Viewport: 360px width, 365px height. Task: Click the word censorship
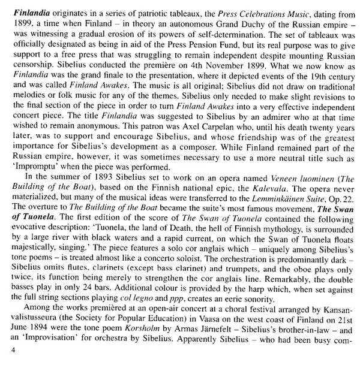click(26, 60)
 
